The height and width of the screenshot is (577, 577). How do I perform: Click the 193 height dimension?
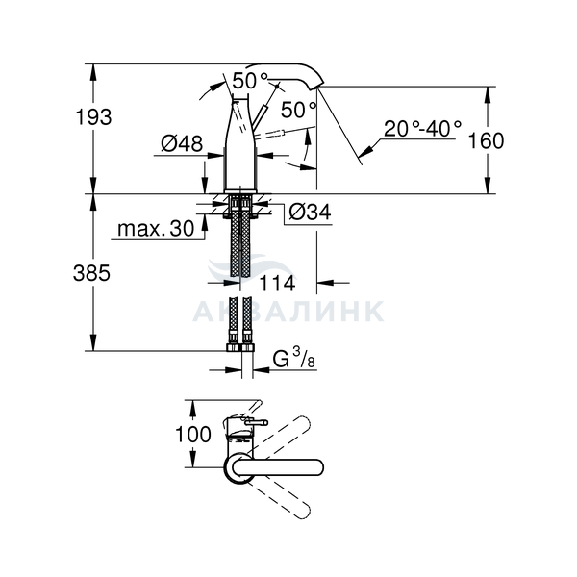click(x=93, y=117)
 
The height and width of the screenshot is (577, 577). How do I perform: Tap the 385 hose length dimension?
click(x=91, y=273)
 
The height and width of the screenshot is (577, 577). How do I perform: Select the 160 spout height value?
click(x=486, y=141)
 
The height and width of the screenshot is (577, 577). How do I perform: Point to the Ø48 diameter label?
click(x=182, y=143)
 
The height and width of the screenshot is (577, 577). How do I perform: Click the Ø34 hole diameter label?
click(x=310, y=212)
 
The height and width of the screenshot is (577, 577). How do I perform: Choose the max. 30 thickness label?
click(x=156, y=229)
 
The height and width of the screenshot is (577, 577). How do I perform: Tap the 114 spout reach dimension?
click(x=277, y=284)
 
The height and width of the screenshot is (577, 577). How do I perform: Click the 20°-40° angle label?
click(x=422, y=129)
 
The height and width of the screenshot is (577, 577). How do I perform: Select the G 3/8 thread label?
click(x=294, y=358)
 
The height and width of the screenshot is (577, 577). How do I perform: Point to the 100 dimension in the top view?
click(x=193, y=435)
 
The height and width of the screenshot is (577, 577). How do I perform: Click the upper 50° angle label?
click(x=250, y=81)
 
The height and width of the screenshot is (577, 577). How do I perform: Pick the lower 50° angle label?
click(x=298, y=110)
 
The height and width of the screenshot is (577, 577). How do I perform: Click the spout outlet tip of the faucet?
click(x=317, y=87)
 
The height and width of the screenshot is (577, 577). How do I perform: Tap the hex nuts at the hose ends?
click(x=240, y=347)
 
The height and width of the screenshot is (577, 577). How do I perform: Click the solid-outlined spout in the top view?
click(x=278, y=467)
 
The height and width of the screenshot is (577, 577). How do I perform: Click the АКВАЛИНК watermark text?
click(x=288, y=312)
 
